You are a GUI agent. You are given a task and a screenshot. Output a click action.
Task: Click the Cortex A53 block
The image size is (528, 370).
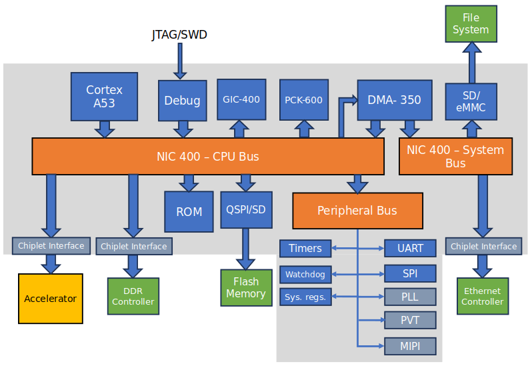click(x=104, y=96)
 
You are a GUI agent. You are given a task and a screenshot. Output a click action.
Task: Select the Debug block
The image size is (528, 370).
click(x=182, y=101)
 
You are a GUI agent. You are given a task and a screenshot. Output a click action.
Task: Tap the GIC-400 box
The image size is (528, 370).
click(x=241, y=99)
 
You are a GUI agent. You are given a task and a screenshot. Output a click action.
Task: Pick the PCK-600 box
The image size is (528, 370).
click(x=303, y=100)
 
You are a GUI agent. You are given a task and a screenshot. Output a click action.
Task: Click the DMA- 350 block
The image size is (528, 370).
click(x=394, y=100)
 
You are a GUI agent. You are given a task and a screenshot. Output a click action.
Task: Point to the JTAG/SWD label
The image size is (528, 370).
click(x=179, y=35)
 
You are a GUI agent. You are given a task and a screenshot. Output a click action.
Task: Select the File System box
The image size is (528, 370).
click(x=471, y=24)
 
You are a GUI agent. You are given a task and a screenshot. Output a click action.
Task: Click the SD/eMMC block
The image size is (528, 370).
click(x=471, y=101)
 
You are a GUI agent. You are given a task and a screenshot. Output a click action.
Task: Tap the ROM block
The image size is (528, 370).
click(x=189, y=211)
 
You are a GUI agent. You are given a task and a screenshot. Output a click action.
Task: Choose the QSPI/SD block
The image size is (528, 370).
click(x=245, y=210)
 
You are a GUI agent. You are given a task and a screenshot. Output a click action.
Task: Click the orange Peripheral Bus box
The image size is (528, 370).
click(x=357, y=211)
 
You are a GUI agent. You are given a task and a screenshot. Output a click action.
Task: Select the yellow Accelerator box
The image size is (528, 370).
click(x=51, y=299)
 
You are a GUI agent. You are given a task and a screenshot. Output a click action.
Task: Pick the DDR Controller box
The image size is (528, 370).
click(x=133, y=297)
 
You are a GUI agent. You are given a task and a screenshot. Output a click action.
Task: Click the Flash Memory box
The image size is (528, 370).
click(x=245, y=287)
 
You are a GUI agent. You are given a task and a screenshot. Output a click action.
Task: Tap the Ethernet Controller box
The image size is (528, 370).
click(x=483, y=296)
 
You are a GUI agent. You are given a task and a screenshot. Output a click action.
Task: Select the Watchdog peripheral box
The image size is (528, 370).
click(x=305, y=274)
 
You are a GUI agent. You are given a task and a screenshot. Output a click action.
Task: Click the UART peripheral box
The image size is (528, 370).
click(x=410, y=248)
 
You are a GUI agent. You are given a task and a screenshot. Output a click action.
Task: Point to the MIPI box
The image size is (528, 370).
click(x=410, y=346)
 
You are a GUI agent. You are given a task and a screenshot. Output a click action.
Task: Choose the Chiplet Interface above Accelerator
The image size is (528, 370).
click(x=51, y=245)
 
